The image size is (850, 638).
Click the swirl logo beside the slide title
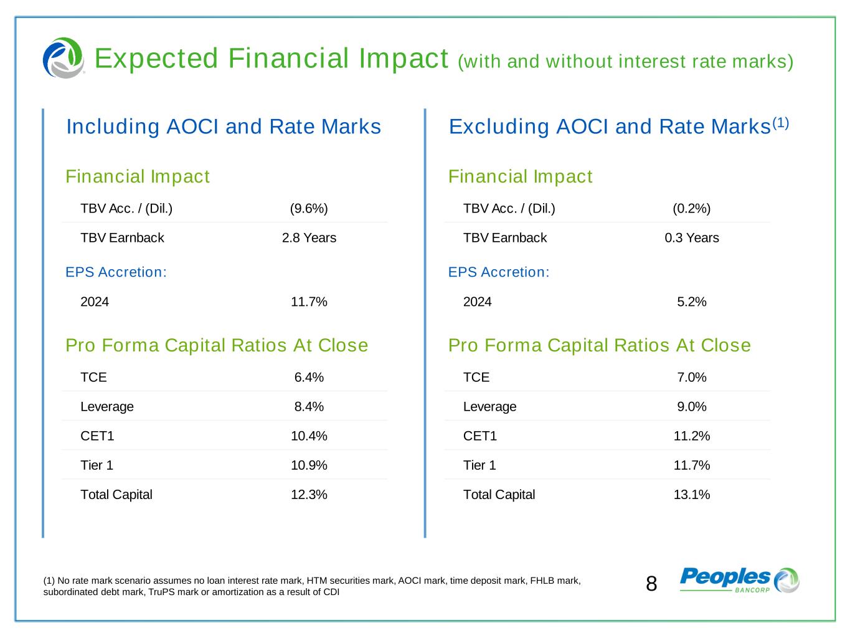coord(63,58)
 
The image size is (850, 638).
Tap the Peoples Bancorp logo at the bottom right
coord(739,580)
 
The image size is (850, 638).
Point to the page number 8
coord(651,584)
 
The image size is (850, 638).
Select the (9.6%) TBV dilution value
coord(309,208)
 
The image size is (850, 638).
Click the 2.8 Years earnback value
coord(309,238)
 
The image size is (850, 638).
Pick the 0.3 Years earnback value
coord(691,238)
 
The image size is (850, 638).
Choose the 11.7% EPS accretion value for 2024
coord(309,302)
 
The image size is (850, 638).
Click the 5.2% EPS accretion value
coord(691,302)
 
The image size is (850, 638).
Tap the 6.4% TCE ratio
coord(309,378)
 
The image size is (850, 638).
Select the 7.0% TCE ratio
coord(691,378)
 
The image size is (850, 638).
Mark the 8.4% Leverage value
coord(309,407)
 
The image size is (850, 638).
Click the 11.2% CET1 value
coord(691,436)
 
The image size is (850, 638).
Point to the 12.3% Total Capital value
coord(309,495)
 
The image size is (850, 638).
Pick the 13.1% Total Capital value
coord(691,495)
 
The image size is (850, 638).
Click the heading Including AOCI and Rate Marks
coord(224,126)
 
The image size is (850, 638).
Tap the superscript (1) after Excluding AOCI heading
coord(781,123)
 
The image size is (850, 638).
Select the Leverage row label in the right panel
coord(489,407)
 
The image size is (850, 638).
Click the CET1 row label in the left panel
coord(97,436)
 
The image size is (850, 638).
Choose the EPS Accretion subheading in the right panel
coord(499,272)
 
